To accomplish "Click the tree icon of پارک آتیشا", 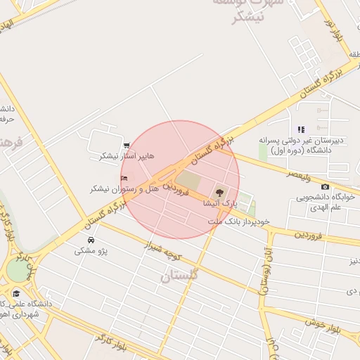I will point(220,191).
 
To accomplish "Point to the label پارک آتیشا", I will point(220,202).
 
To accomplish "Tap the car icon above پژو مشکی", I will point(91,240).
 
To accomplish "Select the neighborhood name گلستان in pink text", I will point(179,276).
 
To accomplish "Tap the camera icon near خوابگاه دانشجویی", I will point(325,186).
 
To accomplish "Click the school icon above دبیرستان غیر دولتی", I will point(301,129).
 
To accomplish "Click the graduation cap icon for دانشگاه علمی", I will point(16,293).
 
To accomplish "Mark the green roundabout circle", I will point(15,269).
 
